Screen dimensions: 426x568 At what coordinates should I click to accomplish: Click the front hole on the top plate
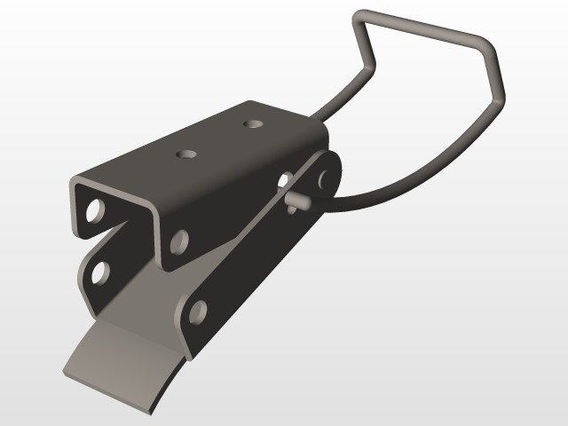tap(186, 154)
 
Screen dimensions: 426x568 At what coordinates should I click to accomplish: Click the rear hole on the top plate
tap(255, 123)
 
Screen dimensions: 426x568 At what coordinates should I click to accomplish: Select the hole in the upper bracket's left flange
tap(93, 212)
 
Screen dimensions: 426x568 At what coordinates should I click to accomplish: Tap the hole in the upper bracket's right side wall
tap(178, 240)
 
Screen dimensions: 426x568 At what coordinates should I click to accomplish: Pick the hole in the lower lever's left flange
tap(99, 272)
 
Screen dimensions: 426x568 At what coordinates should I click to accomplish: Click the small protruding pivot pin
tap(299, 201)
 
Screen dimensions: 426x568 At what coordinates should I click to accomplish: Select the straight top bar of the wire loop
tap(417, 27)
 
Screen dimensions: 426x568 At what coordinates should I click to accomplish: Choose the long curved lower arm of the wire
tap(426, 169)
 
